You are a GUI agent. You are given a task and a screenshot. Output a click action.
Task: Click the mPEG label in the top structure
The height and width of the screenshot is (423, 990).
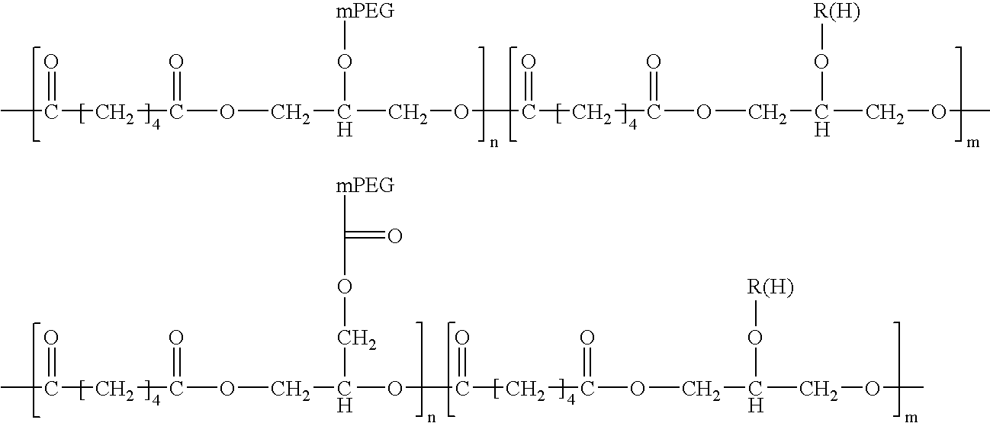365,11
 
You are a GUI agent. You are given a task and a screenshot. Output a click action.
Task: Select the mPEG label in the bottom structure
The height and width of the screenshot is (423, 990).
365,186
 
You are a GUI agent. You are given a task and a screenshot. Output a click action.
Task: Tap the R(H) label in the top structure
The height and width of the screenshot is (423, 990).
837,12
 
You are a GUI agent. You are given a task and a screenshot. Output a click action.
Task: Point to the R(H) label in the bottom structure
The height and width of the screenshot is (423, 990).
770,287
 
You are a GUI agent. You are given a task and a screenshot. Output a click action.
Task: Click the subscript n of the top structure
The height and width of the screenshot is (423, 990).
494,143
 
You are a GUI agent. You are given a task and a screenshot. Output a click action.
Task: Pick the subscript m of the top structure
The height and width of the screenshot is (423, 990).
972,143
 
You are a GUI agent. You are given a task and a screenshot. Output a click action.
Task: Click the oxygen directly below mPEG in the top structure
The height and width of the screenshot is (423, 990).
345,62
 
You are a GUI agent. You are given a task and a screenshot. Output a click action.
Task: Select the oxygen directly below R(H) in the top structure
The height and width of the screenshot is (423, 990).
821,62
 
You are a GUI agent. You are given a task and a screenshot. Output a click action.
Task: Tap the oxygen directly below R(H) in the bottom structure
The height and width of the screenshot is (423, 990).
755,338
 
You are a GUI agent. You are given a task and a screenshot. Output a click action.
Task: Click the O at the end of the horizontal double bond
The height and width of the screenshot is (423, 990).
394,237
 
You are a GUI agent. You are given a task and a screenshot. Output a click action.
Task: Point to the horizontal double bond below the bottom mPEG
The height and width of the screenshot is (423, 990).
365,235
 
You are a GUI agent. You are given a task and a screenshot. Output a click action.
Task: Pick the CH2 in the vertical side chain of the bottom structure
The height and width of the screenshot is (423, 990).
357,340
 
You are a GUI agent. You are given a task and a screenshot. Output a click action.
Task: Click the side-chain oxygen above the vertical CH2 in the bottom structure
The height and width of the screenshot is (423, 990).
345,287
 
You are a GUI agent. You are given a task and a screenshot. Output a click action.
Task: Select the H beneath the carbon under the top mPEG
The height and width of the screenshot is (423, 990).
345,130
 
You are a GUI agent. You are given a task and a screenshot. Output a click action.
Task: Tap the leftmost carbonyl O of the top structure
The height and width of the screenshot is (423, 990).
51,62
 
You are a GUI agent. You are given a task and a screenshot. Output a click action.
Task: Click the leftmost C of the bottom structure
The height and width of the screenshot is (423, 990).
51,389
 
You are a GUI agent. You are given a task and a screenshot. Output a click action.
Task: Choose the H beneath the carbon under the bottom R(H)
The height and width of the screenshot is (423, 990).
755,405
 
